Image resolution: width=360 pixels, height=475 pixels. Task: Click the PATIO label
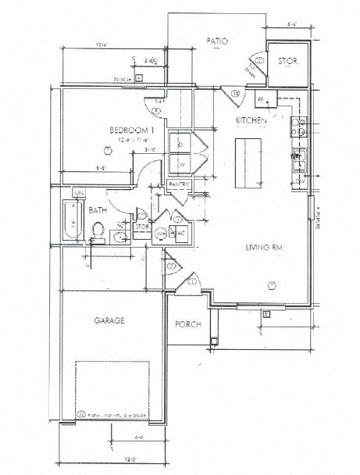(x=216, y=41)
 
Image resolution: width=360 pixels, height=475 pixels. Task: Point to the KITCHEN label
(x=252, y=122)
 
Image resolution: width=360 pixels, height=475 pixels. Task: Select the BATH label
(x=98, y=210)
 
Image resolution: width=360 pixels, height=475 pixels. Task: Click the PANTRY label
(x=179, y=184)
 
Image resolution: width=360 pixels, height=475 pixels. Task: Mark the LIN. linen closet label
(x=79, y=192)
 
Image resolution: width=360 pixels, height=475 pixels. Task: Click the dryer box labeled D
(x=180, y=145)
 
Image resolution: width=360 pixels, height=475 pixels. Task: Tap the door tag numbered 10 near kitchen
(x=236, y=94)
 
